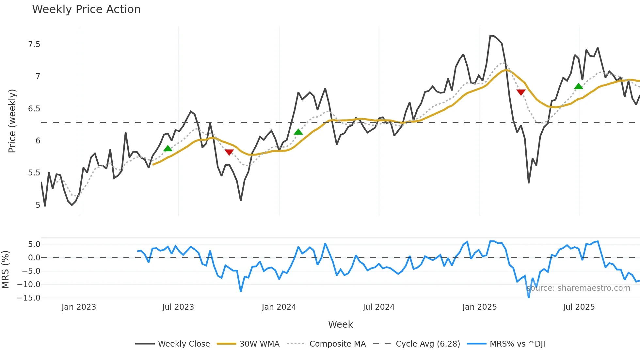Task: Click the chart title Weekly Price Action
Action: click(86, 9)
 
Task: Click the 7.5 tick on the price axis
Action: click(34, 44)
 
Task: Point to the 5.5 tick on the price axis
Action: click(34, 173)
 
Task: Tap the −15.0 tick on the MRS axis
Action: click(29, 298)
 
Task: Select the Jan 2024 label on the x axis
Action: click(279, 307)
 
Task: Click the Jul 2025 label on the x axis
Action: click(579, 307)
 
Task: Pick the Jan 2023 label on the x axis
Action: click(79, 307)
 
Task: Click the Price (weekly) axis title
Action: click(12, 121)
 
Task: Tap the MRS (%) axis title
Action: click(6, 270)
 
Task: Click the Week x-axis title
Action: click(340, 324)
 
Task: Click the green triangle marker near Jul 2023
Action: click(168, 149)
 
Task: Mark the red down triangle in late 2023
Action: click(229, 152)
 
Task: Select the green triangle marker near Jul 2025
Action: click(578, 86)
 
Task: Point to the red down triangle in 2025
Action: click(521, 92)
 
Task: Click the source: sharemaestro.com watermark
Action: click(578, 288)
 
